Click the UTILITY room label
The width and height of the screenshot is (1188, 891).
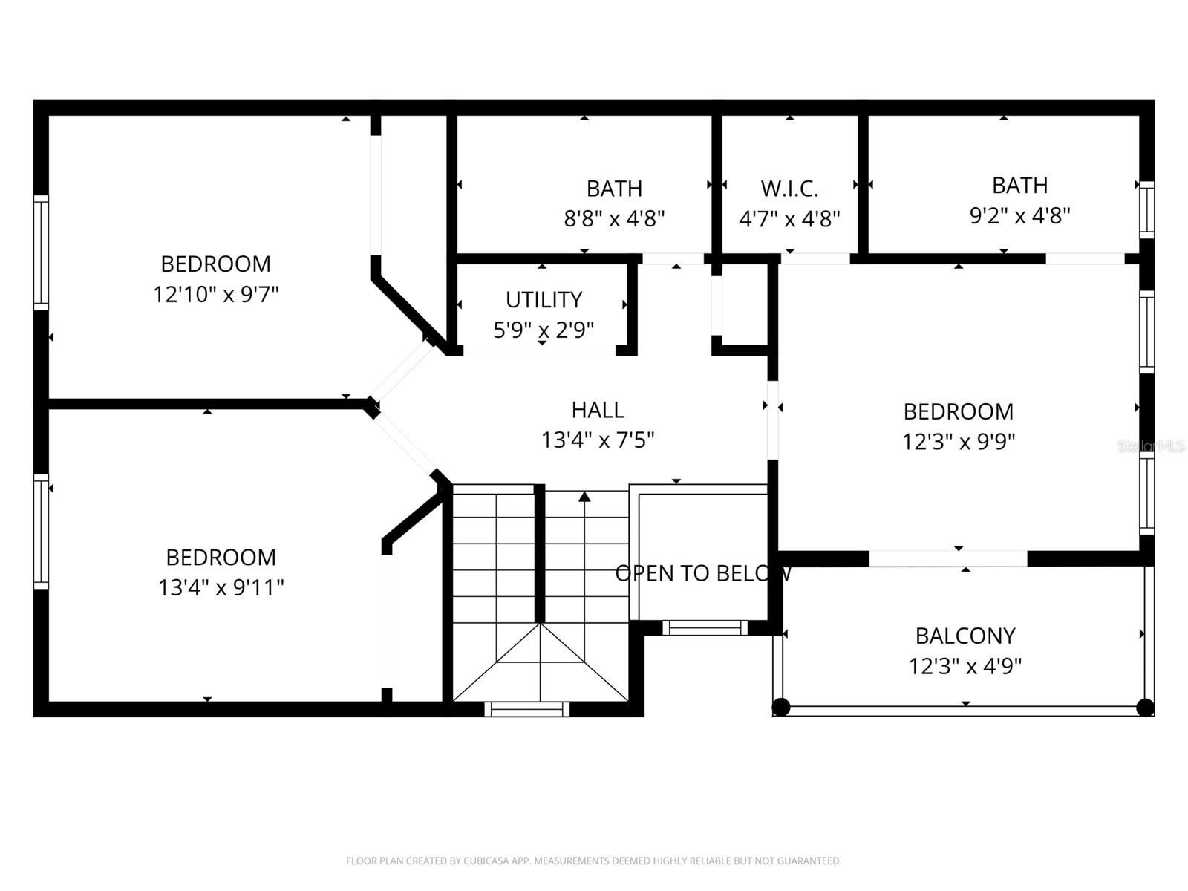pos(544,300)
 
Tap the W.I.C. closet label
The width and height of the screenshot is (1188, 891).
pos(789,189)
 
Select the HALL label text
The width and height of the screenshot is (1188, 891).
pos(598,410)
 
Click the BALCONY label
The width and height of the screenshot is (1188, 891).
pos(965,636)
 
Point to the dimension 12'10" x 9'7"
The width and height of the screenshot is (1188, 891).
pos(215,295)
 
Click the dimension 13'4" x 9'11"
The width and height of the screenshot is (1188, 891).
pos(221,588)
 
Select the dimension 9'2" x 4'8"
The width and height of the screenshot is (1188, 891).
pos(1019,216)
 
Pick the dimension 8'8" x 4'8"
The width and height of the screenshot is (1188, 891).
pos(614,219)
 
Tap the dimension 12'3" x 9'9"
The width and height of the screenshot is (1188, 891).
pos(958,442)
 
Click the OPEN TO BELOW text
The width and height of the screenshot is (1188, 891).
pos(704,573)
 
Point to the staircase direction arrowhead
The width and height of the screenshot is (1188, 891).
pos(584,496)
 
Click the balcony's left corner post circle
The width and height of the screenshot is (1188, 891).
pos(780,707)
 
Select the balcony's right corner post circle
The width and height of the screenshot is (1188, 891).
pos(1145,707)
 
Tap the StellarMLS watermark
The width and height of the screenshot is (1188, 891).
pos(1151,446)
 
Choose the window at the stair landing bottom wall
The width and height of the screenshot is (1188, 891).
pos(526,708)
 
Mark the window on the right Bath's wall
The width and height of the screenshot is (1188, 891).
pos(1146,209)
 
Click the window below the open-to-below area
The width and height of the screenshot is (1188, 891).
pos(705,627)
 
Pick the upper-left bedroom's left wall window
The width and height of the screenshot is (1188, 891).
pos(41,252)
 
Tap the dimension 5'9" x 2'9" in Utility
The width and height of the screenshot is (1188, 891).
pos(544,330)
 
